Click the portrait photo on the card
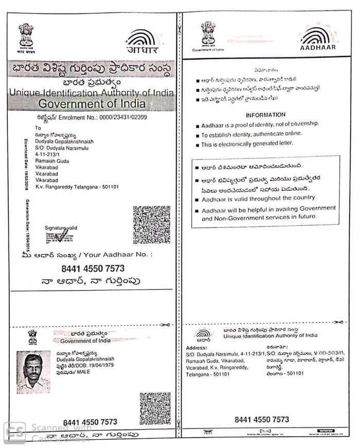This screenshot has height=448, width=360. pyautogui.click(x=33, y=372)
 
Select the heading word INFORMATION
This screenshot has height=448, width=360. pyautogui.click(x=265, y=115)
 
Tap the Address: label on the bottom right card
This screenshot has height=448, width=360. pyautogui.click(x=195, y=348)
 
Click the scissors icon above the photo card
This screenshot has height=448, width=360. pyautogui.click(x=165, y=325)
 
